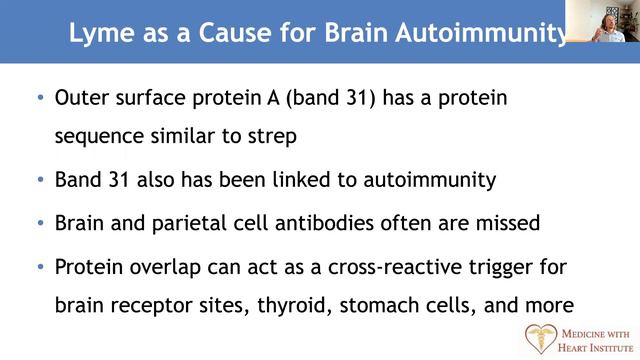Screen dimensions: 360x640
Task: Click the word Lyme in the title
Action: (x=97, y=32)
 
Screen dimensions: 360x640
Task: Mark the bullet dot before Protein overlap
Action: (x=40, y=267)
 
